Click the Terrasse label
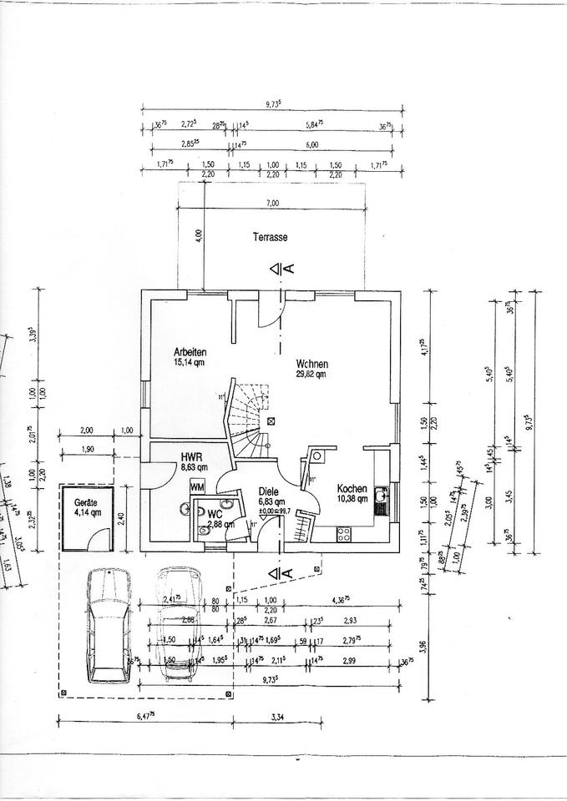tap(270, 237)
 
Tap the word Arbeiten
tap(190, 352)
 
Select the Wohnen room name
tap(311, 364)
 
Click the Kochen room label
tap(352, 489)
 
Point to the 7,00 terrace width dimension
tap(272, 203)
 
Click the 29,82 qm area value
tap(310, 375)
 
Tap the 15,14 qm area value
tap(190, 363)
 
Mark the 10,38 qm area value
tap(352, 499)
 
